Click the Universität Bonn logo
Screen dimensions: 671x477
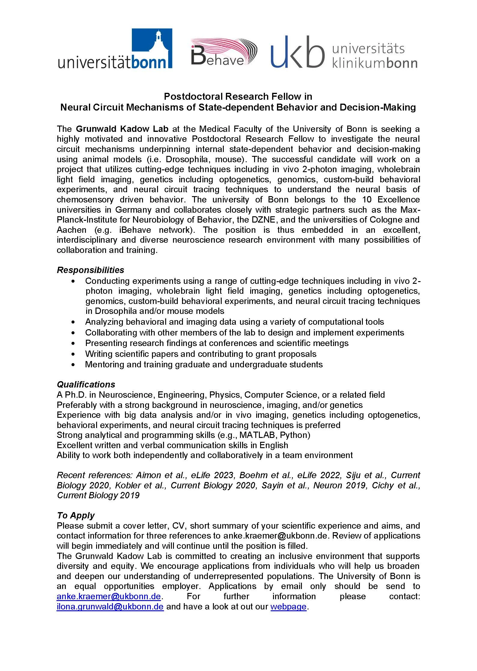[115, 49]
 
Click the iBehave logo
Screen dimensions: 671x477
[224, 51]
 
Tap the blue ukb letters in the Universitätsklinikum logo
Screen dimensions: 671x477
[297, 52]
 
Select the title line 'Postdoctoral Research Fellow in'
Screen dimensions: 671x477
[238, 96]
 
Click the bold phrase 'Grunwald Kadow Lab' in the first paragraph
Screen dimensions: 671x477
[122, 129]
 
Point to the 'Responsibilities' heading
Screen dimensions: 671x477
[90, 270]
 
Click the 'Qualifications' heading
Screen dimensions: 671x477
[86, 384]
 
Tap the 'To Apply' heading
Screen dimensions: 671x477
[76, 515]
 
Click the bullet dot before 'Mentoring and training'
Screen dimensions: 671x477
[73, 365]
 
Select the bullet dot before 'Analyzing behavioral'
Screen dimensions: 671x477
[73, 322]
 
